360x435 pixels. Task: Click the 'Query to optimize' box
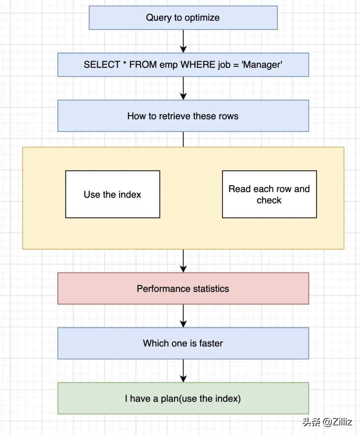[183, 18]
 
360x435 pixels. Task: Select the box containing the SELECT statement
[183, 65]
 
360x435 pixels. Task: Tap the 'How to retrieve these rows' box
[183, 116]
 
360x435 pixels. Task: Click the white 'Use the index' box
[113, 194]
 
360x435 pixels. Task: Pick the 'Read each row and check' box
[269, 194]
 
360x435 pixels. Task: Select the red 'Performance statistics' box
[183, 289]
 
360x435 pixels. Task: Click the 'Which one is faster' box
[183, 343]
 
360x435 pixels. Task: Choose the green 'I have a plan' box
[183, 398]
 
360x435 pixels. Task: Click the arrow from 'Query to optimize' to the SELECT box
[183, 41]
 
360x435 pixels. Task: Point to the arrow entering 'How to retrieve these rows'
[183, 88]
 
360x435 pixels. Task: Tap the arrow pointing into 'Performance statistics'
[183, 261]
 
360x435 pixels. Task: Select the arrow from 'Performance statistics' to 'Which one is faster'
[183, 316]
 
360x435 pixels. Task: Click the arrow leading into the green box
[183, 371]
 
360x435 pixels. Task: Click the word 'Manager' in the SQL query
[262, 65]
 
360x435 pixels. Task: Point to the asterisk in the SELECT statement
[125, 62]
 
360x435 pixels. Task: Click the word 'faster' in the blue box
[211, 343]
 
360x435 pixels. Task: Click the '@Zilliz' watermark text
[337, 422]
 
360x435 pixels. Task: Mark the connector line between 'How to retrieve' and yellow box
[183, 139]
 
